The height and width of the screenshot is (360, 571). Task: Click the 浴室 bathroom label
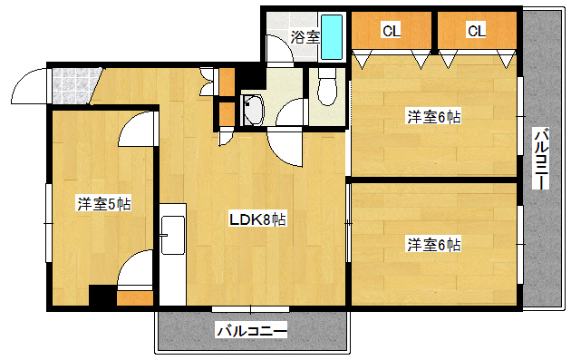coord(305,37)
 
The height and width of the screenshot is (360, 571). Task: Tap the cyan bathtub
coord(333,36)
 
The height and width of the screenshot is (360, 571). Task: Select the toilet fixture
coord(329,89)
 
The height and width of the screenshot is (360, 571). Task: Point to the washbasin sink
coord(252,110)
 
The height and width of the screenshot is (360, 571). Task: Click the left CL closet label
coord(391,31)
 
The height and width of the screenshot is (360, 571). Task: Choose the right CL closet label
coord(477,31)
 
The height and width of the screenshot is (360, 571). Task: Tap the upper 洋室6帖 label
coord(433,116)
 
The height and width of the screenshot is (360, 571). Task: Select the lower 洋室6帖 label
coord(433,244)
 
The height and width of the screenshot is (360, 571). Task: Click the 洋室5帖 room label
coord(103,204)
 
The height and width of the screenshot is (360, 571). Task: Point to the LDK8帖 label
coord(257,219)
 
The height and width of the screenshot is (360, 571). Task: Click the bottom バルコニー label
coord(251,331)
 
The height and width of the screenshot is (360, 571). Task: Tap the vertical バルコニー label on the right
coord(540,160)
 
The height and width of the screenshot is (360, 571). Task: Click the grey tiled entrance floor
coord(71,85)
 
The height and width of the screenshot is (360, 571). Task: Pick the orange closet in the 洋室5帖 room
coord(135,297)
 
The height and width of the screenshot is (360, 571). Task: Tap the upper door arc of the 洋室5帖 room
coord(138,129)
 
